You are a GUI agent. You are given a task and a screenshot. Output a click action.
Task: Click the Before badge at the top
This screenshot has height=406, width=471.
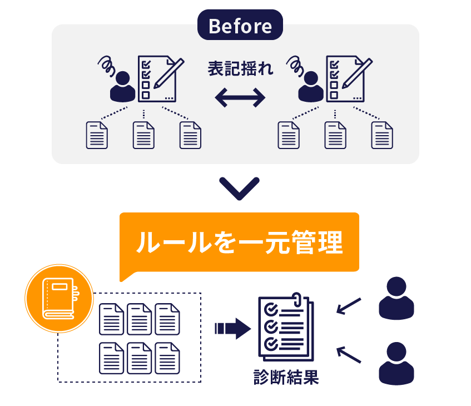pos(240,26)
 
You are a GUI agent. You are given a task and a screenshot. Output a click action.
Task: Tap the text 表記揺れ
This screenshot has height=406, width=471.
pos(240,69)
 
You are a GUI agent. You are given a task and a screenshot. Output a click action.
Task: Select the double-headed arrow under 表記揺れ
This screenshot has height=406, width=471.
pos(240,98)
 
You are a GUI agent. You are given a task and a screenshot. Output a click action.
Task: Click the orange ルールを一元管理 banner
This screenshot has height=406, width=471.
pos(239,242)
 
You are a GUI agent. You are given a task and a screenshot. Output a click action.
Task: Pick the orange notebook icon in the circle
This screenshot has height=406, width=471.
pos(58,299)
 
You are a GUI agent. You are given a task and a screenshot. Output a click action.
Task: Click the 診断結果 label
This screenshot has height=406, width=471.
pos(286,378)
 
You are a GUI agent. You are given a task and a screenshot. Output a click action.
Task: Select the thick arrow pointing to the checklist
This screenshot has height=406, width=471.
pos(232,328)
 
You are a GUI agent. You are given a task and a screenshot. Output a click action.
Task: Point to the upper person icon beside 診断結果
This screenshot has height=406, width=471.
pos(396,299)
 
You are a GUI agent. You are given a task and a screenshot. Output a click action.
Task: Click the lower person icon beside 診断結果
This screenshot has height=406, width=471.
pos(396,364)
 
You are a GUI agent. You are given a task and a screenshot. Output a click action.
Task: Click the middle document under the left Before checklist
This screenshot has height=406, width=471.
pos(143,135)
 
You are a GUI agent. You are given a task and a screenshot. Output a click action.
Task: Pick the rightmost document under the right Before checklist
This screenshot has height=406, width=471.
pos(382,135)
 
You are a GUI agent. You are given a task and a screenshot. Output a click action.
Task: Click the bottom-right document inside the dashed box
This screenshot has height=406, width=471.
pos(167,358)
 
